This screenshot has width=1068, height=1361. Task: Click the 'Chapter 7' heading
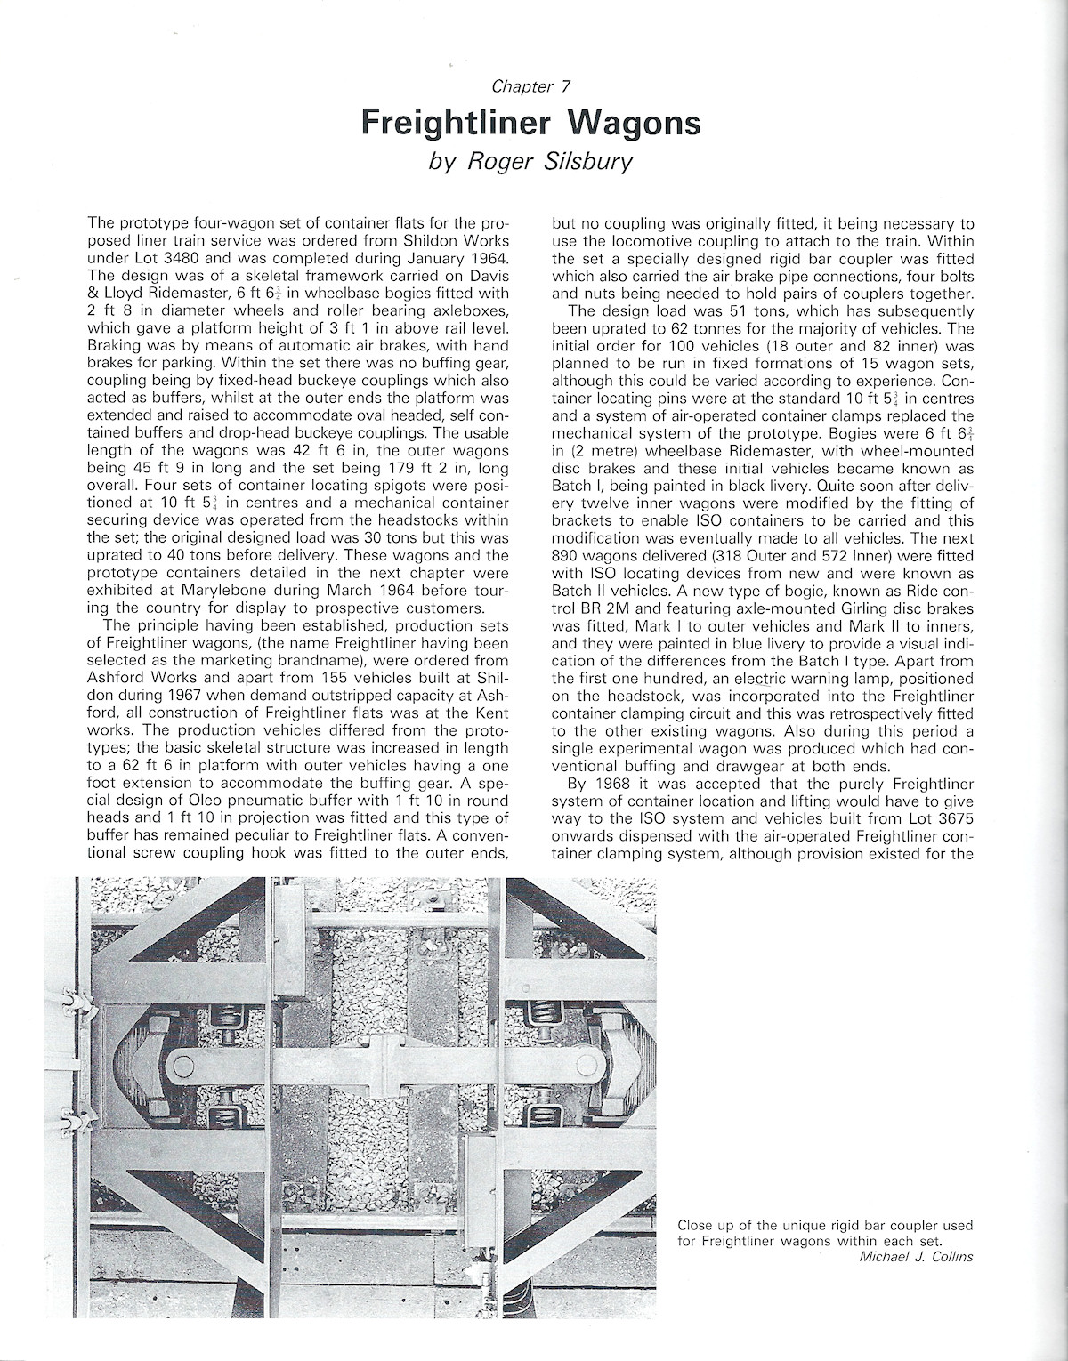coord(530,86)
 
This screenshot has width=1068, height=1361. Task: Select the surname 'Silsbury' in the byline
coord(590,162)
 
